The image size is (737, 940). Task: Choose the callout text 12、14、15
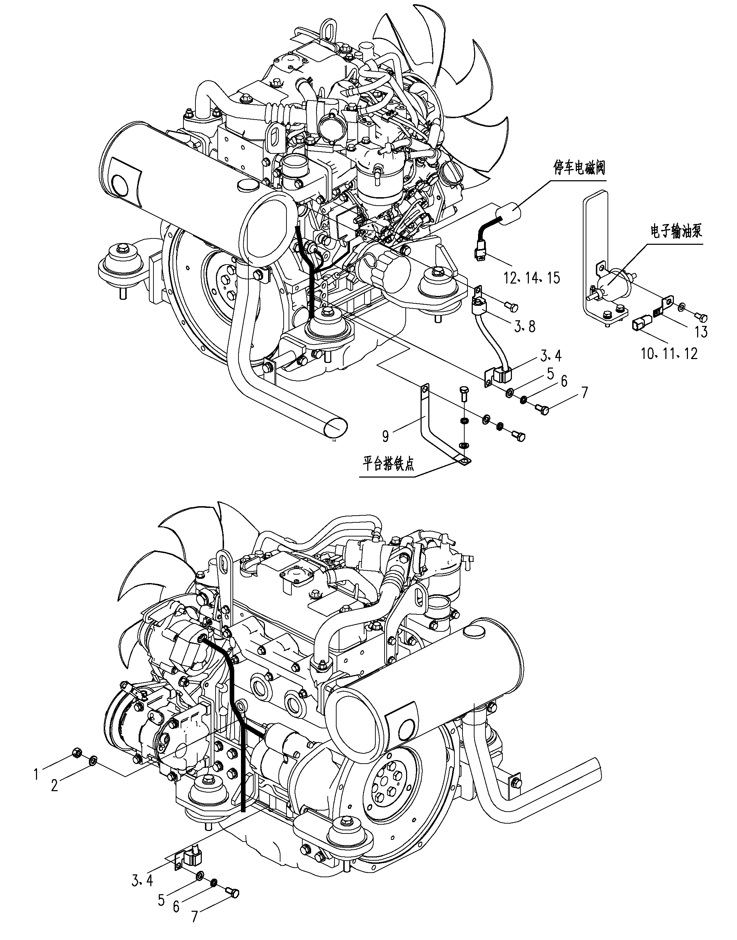pyautogui.click(x=532, y=278)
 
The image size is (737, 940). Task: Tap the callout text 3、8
pyautogui.click(x=525, y=326)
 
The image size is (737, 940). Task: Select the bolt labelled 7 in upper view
pyautogui.click(x=541, y=408)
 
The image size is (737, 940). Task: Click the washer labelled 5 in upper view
pyautogui.click(x=509, y=393)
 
